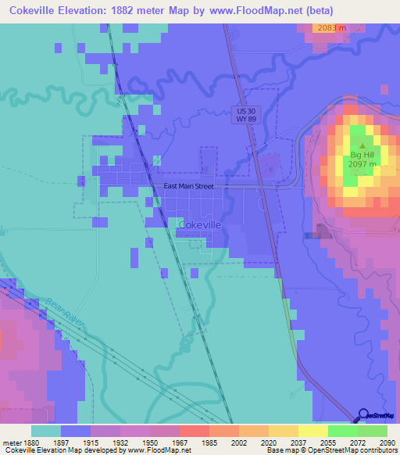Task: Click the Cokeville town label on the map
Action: click(x=201, y=224)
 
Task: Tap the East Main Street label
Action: click(x=188, y=187)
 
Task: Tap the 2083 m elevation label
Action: click(x=331, y=28)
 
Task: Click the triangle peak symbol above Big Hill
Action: click(x=362, y=146)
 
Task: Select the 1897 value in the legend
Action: click(x=76, y=442)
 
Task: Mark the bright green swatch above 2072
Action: click(x=342, y=431)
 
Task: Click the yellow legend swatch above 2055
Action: click(x=312, y=431)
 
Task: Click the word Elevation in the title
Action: click(x=88, y=11)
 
